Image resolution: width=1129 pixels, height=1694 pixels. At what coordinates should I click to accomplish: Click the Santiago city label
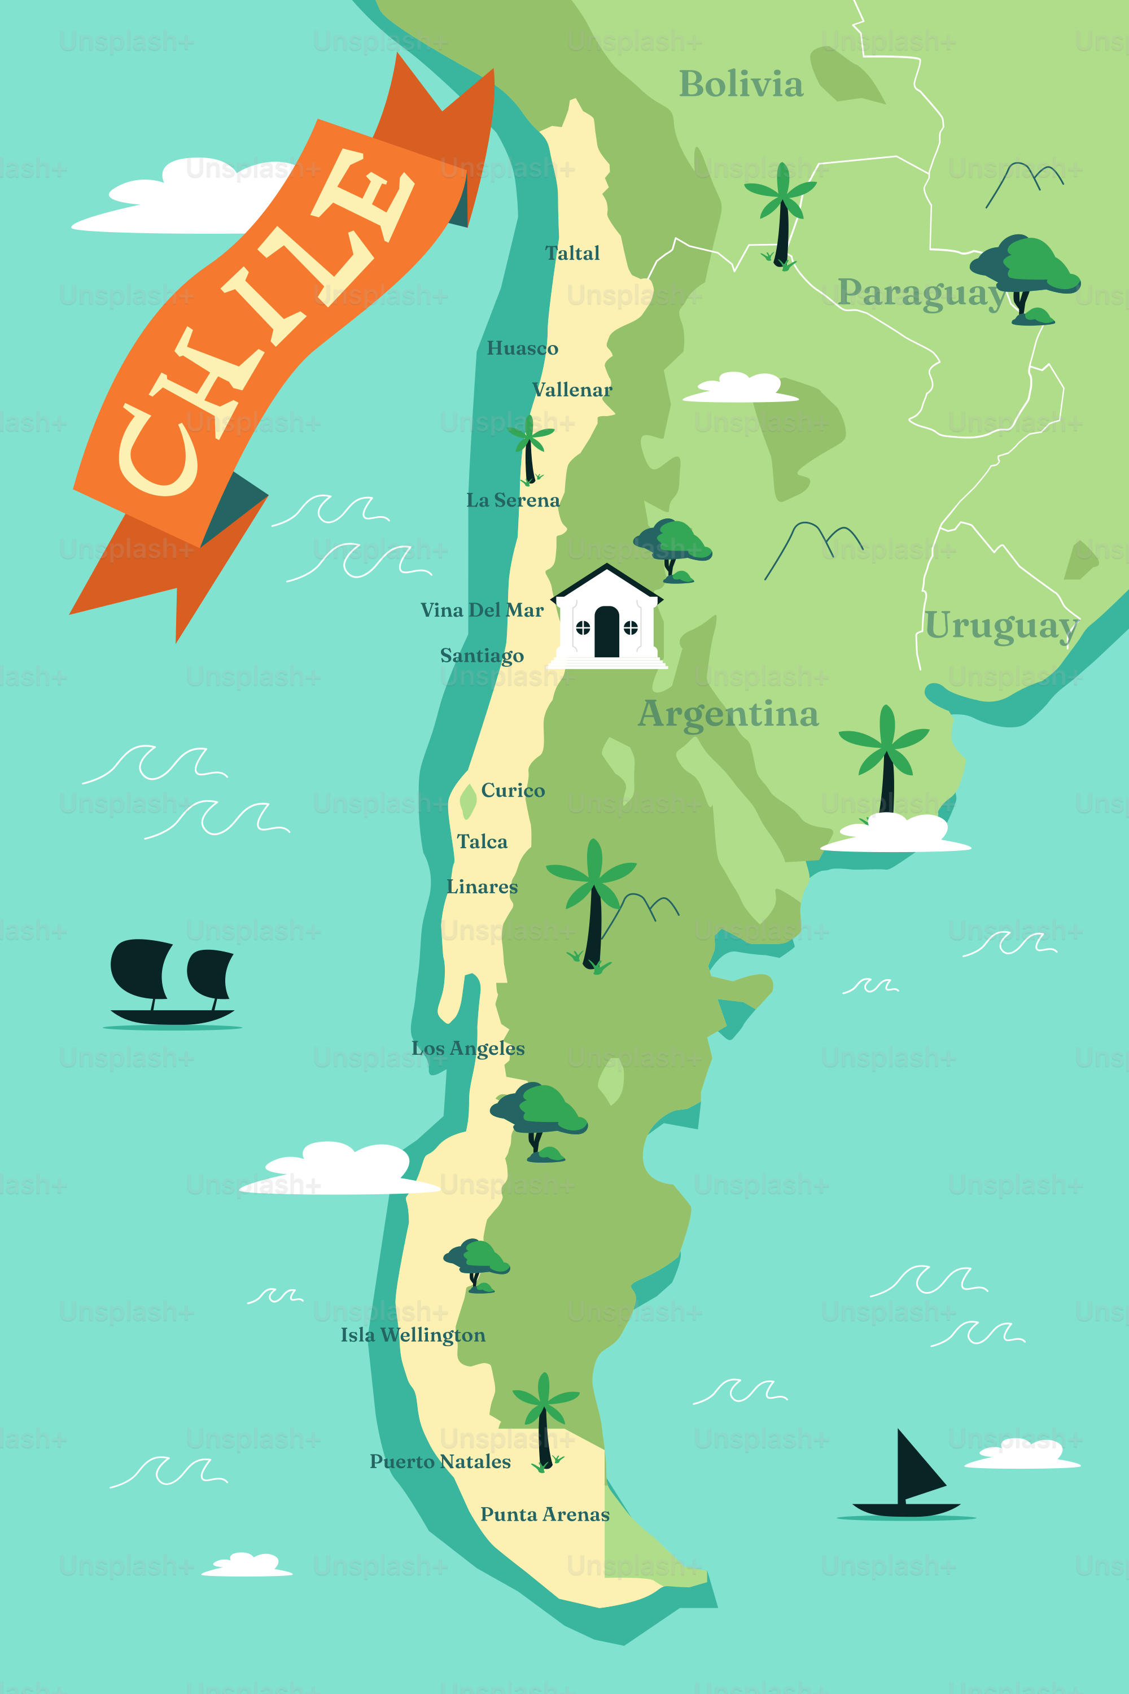click(x=482, y=656)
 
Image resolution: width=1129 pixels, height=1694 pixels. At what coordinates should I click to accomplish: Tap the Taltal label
click(x=572, y=254)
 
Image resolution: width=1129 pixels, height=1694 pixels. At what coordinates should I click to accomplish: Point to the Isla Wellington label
click(x=413, y=1335)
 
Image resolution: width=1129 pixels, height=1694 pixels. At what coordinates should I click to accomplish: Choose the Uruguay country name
click(x=1000, y=625)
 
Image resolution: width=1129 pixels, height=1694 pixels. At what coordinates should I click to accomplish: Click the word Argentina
click(x=728, y=714)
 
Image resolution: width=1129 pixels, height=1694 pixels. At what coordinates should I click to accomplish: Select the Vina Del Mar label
click(x=482, y=610)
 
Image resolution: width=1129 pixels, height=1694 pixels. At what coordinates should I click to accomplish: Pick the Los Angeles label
click(x=468, y=1049)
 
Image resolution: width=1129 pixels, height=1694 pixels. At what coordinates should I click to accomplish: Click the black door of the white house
click(x=606, y=632)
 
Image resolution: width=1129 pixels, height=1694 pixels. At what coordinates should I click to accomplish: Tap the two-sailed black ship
click(x=172, y=983)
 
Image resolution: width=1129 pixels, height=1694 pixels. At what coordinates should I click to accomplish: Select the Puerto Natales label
click(x=440, y=1461)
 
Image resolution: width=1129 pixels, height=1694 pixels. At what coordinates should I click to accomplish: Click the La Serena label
click(x=513, y=500)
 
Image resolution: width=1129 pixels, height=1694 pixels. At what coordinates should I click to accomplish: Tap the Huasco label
click(x=522, y=348)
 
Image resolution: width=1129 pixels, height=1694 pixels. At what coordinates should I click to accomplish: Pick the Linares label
click(x=482, y=887)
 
